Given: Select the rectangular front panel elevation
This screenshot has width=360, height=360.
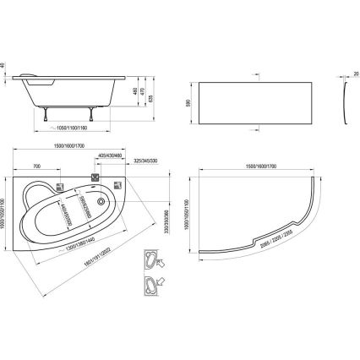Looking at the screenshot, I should tap(254, 106).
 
